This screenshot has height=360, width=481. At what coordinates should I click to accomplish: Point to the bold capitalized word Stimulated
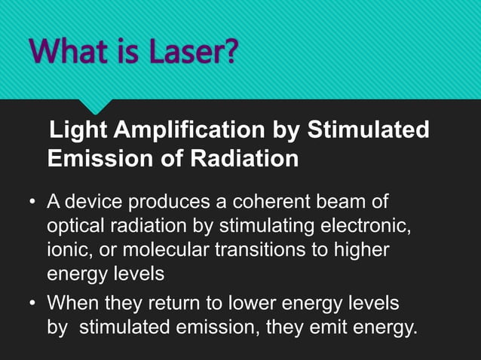point(369,130)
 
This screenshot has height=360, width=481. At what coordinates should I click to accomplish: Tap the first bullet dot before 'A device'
point(32,203)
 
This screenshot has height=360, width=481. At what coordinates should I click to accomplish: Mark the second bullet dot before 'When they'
point(32,303)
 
